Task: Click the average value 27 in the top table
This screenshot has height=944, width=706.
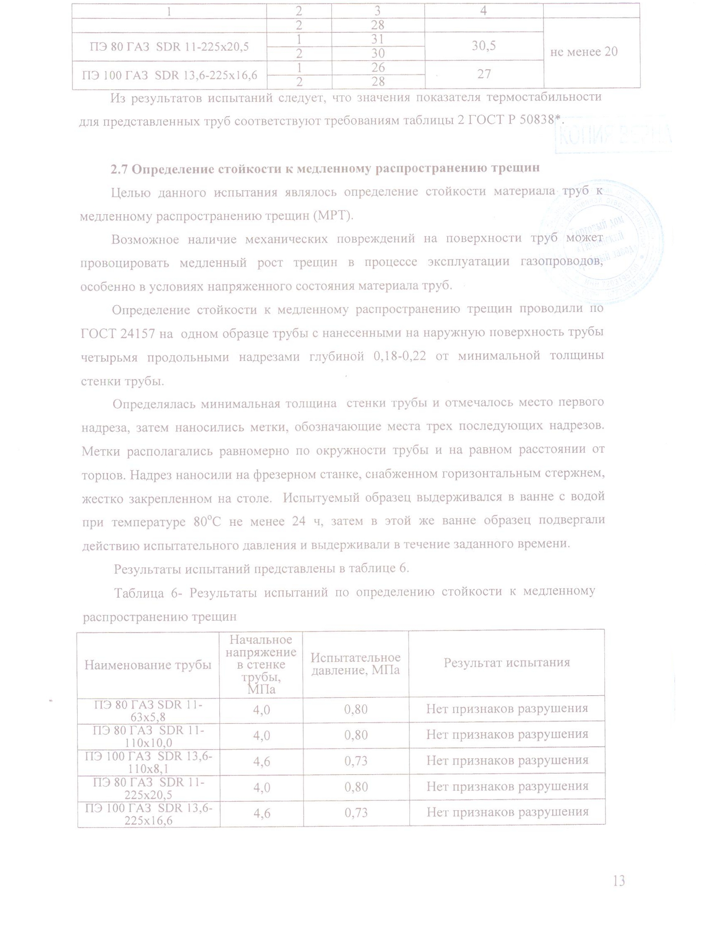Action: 484,74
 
